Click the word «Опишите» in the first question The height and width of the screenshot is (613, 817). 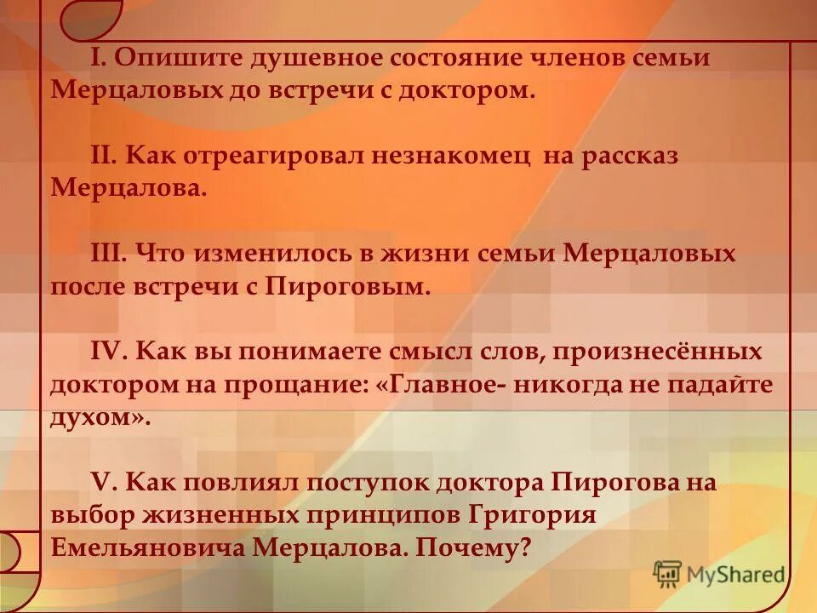coord(174,59)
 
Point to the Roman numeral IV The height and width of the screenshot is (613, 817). coord(107,352)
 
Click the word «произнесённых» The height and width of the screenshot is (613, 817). coord(645,352)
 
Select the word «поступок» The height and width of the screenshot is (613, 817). coord(370,483)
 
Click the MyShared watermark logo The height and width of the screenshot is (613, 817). coord(719,573)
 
